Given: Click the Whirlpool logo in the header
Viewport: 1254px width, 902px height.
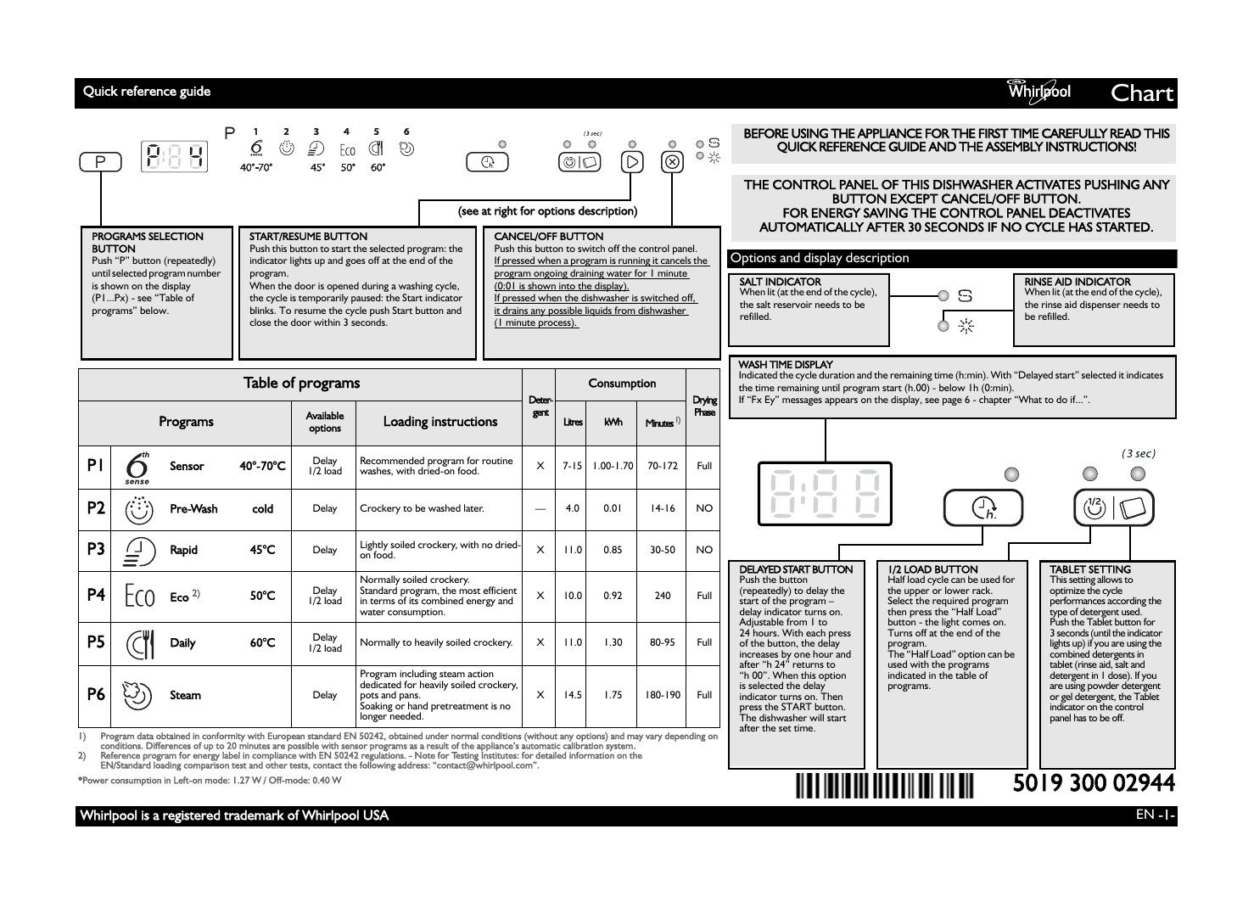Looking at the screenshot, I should pos(1038,92).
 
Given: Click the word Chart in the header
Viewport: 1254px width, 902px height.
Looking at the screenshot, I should pos(1142,92).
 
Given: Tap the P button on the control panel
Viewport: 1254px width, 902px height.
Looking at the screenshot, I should pos(101,161).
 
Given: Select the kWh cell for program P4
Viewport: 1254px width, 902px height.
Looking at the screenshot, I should pos(613,596).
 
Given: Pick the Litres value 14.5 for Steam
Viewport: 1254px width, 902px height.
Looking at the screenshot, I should pos(573,695).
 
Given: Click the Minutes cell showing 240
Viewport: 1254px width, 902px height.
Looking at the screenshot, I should pos(662,596).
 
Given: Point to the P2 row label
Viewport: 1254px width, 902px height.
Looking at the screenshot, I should pos(96,508).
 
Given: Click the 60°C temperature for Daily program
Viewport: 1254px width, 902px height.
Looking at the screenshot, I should pos(262,642).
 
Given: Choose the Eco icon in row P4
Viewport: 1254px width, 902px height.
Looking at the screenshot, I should pos(139,596).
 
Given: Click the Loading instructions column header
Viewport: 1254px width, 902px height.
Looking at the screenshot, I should pos(439,422).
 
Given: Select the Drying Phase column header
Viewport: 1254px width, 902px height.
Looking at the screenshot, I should pos(704,406).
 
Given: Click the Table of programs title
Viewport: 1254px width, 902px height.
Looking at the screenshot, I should pos(301,383).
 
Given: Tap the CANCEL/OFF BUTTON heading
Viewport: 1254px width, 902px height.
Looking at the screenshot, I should pos(548,237).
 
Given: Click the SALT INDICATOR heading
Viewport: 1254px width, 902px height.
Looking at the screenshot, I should pos(780,282).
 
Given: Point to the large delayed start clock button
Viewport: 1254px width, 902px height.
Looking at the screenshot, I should pos(983,508).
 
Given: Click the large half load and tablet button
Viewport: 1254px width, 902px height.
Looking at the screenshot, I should pos(1114,508).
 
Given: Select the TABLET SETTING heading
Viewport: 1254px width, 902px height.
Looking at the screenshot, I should pos(1089,569).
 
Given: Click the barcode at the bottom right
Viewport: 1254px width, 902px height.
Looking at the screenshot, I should pos(885,782).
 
